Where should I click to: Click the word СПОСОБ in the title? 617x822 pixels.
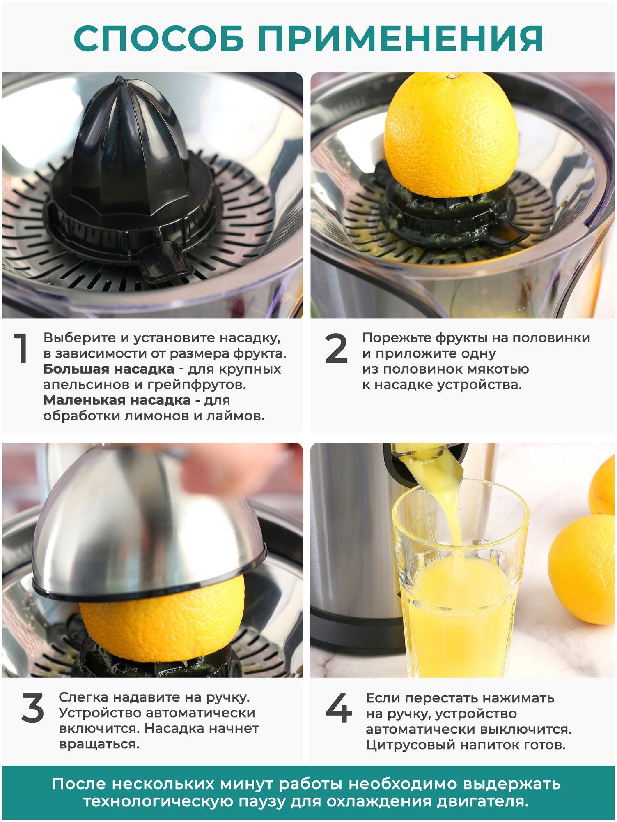[159, 38]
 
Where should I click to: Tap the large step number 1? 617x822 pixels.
[21, 348]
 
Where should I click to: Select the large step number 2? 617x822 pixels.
[336, 349]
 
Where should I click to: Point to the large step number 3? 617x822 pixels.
[32, 708]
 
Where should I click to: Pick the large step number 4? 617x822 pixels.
[339, 708]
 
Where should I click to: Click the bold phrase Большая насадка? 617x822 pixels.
[109, 369]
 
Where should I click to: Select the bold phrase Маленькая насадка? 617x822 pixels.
[117, 400]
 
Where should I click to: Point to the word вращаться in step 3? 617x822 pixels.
[99, 744]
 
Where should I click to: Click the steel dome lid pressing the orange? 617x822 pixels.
[148, 530]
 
